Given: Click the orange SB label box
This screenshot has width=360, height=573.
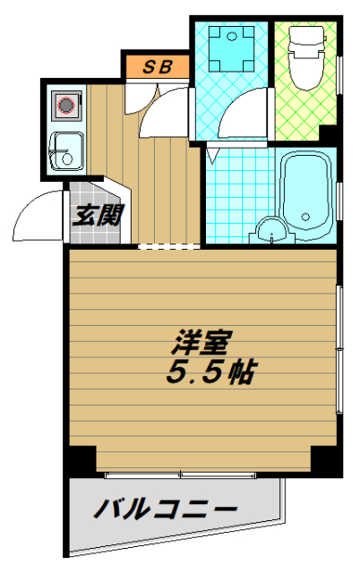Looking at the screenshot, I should tap(156, 66).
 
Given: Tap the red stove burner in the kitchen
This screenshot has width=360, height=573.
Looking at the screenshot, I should tap(65, 106).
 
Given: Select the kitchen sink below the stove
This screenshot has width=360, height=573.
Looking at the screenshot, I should tap(64, 150).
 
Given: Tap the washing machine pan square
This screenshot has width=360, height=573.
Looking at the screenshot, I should tap(231, 47).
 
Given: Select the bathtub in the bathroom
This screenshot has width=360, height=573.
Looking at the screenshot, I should tap(307, 194).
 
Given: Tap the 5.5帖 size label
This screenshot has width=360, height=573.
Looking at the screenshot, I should tap(208, 372).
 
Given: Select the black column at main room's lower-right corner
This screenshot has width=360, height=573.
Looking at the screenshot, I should tap(328, 460).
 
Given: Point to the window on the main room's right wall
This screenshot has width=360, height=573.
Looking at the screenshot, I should tap(339, 349).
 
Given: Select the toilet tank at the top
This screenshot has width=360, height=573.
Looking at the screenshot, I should tap(305, 38).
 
